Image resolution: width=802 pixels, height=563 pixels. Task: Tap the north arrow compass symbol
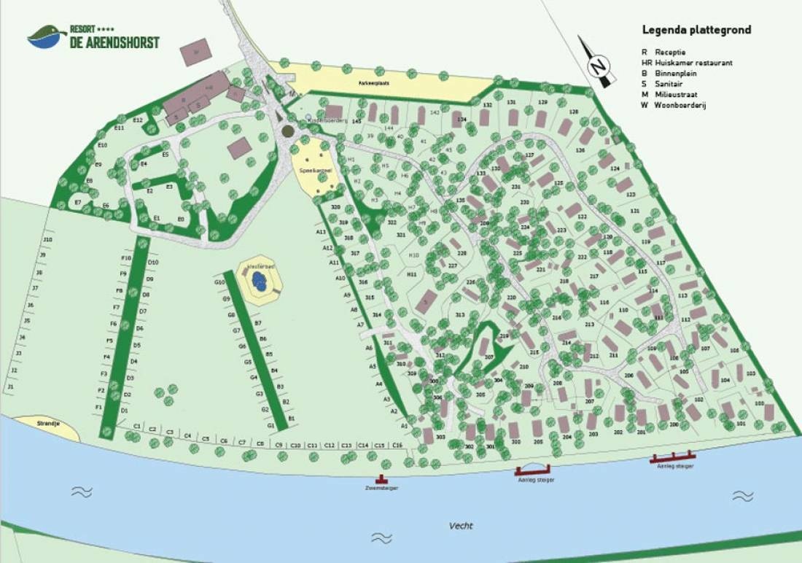597,63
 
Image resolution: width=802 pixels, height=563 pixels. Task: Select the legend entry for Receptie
669,53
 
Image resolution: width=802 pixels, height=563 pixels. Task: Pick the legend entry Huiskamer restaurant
693,63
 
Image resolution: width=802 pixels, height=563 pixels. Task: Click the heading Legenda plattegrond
696,30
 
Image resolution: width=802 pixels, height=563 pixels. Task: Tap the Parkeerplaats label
378,83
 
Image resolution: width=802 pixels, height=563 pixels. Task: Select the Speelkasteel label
311,170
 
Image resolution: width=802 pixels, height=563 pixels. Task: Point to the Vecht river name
460,526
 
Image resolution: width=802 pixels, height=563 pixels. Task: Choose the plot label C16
397,445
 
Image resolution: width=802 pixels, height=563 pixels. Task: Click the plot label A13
321,232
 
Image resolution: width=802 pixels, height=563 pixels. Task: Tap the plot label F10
125,258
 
